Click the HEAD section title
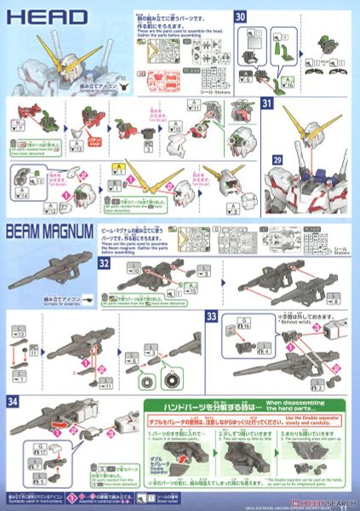(x=33, y=16)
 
